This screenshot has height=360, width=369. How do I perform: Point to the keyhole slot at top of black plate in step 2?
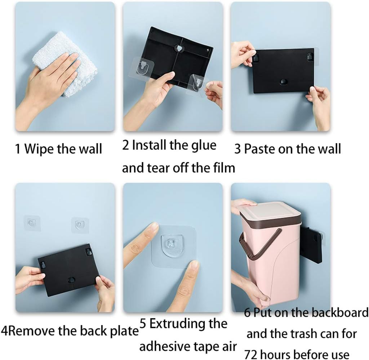click(178, 48)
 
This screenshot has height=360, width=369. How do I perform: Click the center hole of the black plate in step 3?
click(283, 82)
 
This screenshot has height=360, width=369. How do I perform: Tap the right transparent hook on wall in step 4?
click(79, 225)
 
